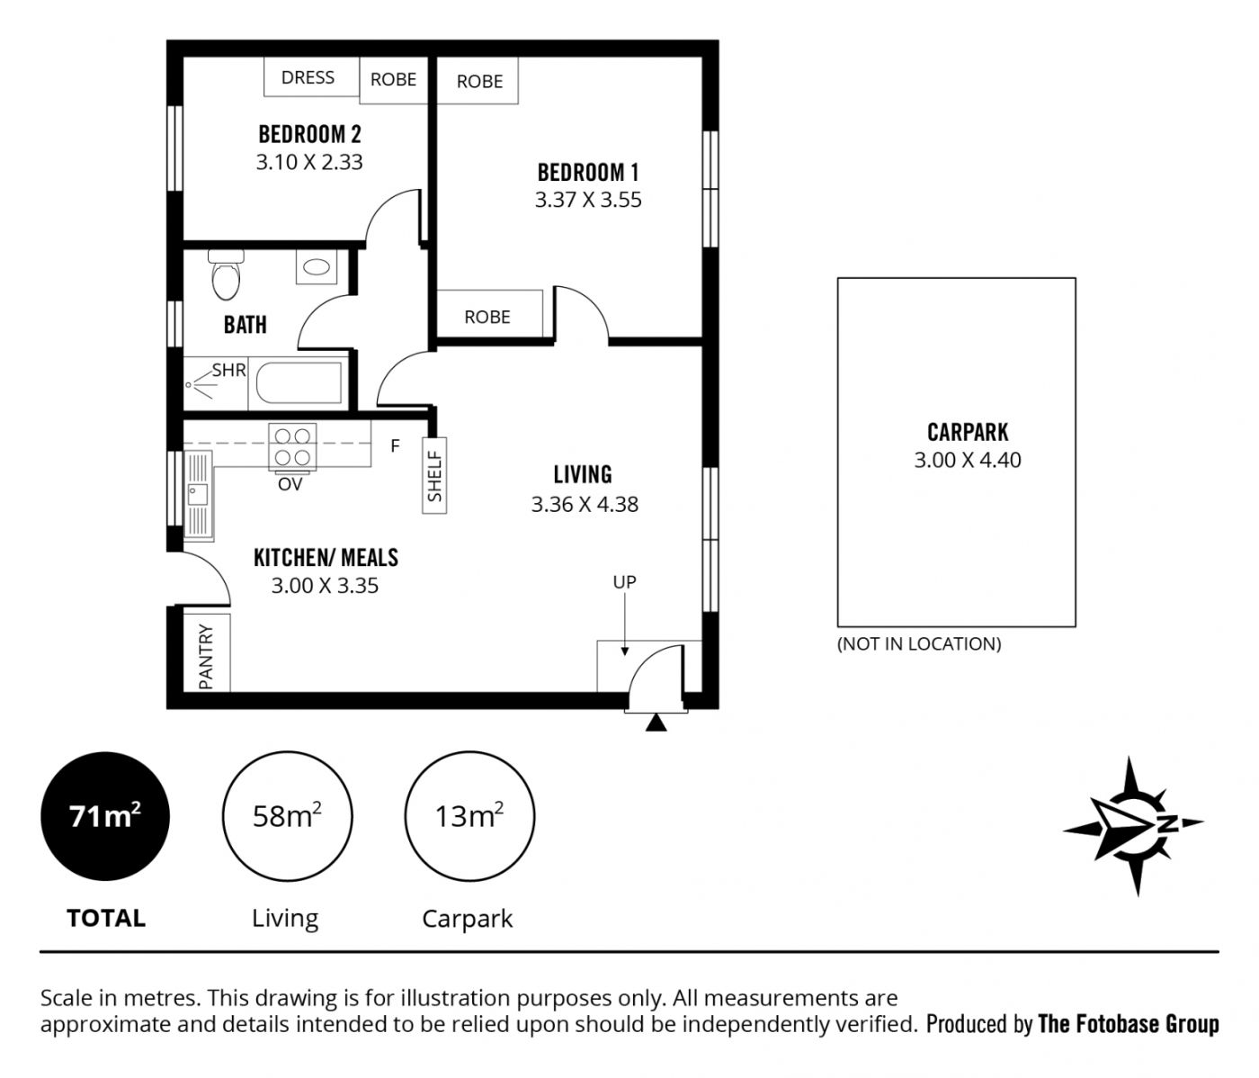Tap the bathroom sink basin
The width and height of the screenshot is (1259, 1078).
tap(317, 266)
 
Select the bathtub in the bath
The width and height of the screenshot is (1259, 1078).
tap(299, 383)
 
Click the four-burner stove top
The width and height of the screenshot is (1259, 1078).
tap(292, 448)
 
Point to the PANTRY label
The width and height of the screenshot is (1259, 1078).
tap(206, 656)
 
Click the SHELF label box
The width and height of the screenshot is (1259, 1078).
tap(434, 475)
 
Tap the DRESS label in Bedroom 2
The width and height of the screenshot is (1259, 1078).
tap(308, 77)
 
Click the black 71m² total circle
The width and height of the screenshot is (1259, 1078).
tap(105, 816)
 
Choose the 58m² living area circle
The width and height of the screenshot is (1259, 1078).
tap(287, 816)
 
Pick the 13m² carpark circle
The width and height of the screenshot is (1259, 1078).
tap(469, 816)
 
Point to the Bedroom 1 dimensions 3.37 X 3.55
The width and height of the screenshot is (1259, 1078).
tap(588, 200)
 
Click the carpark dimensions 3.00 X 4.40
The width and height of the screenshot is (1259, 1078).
tap(968, 460)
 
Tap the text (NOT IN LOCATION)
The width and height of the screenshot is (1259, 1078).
tap(919, 644)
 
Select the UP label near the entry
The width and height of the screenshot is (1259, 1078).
tap(624, 582)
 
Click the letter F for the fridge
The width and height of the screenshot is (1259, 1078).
tap(395, 446)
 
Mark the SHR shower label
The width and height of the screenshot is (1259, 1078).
tap(228, 371)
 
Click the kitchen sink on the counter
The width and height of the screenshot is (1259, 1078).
tap(198, 495)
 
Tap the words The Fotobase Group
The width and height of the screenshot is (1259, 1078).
tap(1129, 1024)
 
